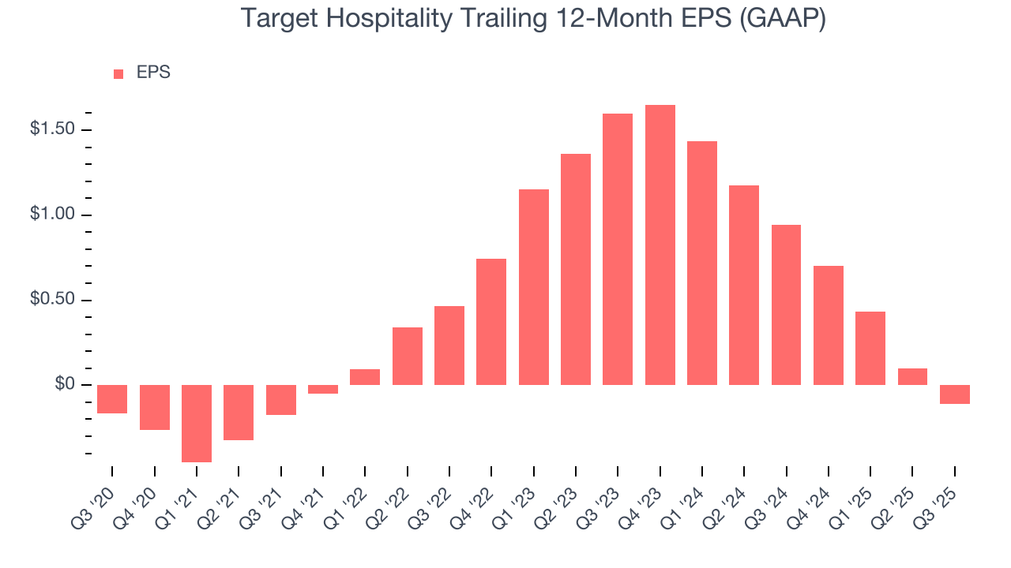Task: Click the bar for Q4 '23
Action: (660, 245)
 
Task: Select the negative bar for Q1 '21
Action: (197, 423)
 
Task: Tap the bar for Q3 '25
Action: (955, 394)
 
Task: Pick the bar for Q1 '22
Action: (365, 377)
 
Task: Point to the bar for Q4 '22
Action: (491, 322)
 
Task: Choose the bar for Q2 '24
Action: (744, 285)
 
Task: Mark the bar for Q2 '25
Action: (912, 377)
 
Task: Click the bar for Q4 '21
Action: (323, 389)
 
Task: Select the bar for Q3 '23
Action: (618, 249)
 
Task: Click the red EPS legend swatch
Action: (118, 73)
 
